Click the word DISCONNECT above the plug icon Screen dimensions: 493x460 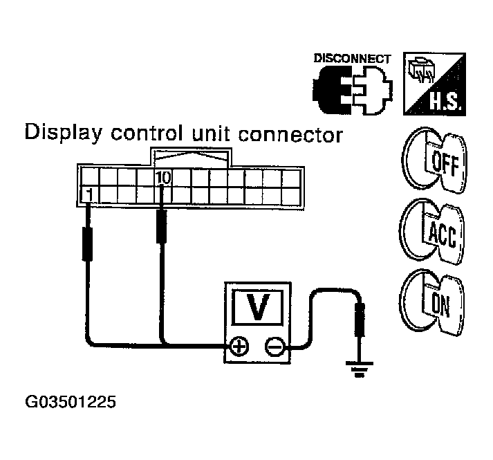pyautogui.click(x=353, y=59)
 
